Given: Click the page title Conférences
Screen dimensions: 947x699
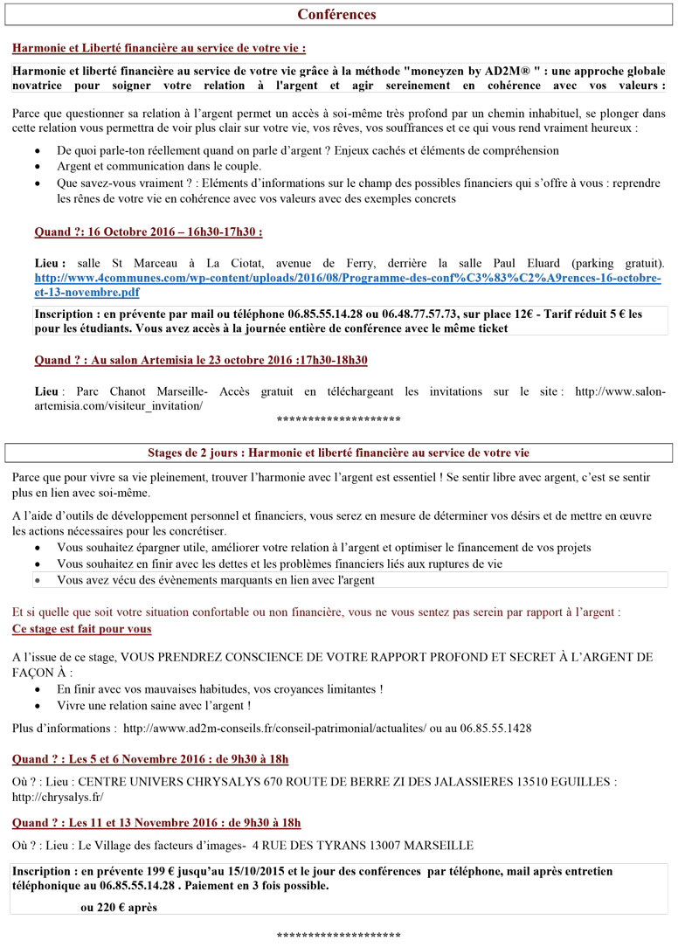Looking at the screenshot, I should (336, 15).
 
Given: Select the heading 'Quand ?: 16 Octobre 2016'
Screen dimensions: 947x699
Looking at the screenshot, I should (148, 232).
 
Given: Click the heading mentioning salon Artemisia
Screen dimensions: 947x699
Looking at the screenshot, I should (200, 360).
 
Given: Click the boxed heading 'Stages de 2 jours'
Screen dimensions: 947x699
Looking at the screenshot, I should (338, 453).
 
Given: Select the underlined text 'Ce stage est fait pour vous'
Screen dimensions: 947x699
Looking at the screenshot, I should (81, 629).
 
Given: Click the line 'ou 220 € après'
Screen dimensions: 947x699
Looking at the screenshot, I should (118, 908).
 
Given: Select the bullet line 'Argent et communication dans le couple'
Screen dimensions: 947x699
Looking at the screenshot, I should (159, 166).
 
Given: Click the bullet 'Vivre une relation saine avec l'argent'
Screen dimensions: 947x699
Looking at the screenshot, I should (154, 705).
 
